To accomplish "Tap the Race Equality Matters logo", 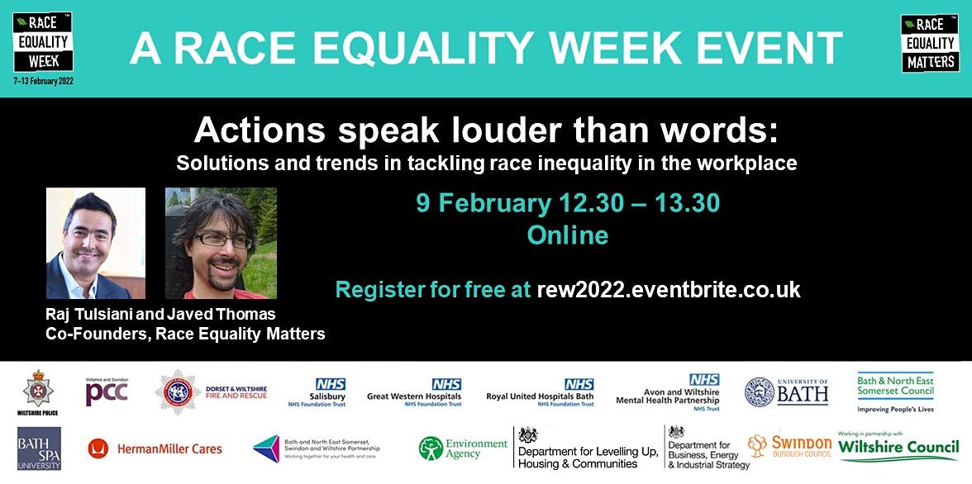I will pyautogui.click(x=929, y=43).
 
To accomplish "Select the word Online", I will pyautogui.click(x=568, y=235).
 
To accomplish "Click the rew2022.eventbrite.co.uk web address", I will pyautogui.click(x=669, y=289).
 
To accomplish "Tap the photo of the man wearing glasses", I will pyautogui.click(x=221, y=243).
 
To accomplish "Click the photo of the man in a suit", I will pyautogui.click(x=96, y=243).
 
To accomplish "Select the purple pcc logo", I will pyautogui.click(x=107, y=391).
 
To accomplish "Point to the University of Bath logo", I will pyautogui.click(x=786, y=391).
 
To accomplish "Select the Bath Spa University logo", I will pyautogui.click(x=39, y=448).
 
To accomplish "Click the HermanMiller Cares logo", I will pyautogui.click(x=155, y=448).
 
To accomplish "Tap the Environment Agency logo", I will pyautogui.click(x=463, y=448).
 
